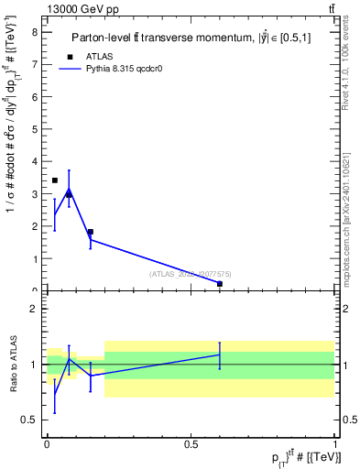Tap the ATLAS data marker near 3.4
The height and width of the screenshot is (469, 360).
tap(55, 180)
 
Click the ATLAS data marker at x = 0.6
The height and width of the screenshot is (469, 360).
tap(220, 284)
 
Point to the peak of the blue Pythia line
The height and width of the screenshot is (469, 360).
tap(69, 190)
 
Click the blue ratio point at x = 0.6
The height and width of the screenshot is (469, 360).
tap(220, 354)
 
